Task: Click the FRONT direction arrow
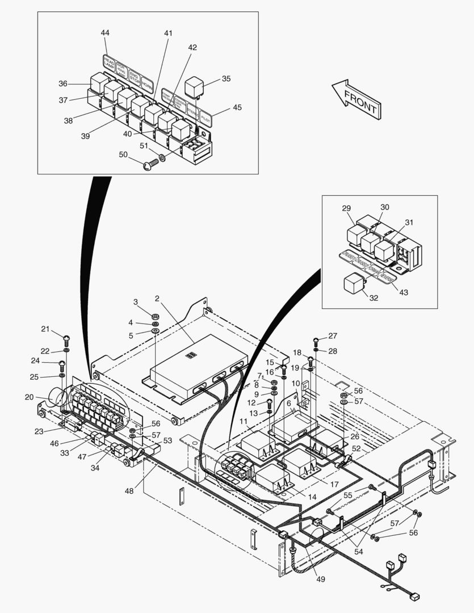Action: [x=356, y=100]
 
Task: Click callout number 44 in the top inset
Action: [x=105, y=33]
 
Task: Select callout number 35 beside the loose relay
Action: [x=226, y=79]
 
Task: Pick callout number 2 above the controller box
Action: [x=157, y=298]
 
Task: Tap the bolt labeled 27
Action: [x=316, y=341]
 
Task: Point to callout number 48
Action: [x=130, y=490]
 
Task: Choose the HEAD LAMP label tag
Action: [x=109, y=61]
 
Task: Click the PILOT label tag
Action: [x=205, y=118]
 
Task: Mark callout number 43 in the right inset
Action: [x=404, y=292]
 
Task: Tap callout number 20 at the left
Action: [x=30, y=397]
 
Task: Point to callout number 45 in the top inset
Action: [x=237, y=107]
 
